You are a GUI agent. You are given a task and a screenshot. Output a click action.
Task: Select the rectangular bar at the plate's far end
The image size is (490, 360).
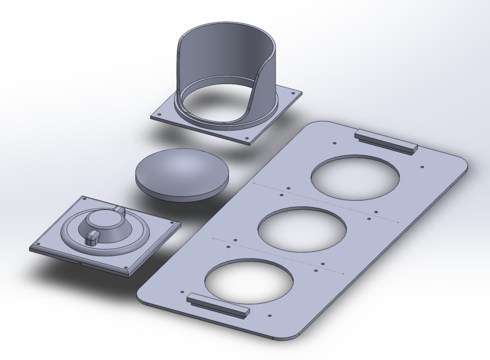pyautogui.click(x=386, y=141)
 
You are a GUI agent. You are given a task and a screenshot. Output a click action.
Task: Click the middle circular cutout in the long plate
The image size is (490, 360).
pyautogui.click(x=301, y=229)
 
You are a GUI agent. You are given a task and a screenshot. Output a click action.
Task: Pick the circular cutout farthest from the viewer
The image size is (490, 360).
pyautogui.click(x=355, y=177)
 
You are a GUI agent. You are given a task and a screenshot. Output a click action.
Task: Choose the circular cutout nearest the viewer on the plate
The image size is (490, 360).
pyautogui.click(x=248, y=281)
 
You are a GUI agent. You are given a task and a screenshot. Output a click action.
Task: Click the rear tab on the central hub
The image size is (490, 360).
pyautogui.click(x=120, y=211)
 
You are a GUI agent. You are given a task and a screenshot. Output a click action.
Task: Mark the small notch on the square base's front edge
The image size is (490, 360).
pyautogui.click(x=78, y=262)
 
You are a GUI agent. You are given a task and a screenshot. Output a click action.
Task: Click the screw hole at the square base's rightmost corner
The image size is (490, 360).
pyautogui.click(x=170, y=223)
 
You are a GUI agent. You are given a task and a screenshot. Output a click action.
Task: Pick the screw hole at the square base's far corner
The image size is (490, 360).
pyautogui.click(x=84, y=198)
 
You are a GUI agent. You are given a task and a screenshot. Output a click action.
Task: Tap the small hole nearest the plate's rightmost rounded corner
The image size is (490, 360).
pyautogui.click(x=422, y=167)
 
